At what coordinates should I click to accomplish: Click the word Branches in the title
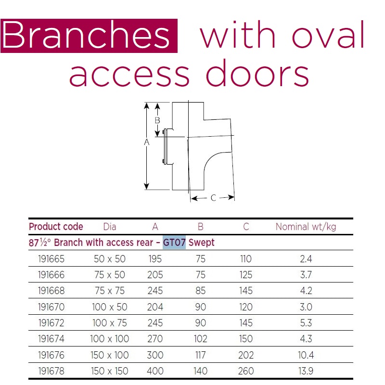[x=86, y=35]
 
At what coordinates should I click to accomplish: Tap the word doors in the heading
[x=257, y=73]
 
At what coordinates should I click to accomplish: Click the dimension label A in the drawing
[x=147, y=142]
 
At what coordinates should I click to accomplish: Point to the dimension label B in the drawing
[x=157, y=120]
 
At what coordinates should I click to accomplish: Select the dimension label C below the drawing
[x=213, y=198]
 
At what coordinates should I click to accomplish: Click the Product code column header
[x=56, y=227]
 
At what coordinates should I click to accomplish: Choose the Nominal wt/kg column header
[x=306, y=227]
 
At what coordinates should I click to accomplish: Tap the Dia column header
[x=110, y=227]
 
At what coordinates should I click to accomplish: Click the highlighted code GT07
[x=174, y=243]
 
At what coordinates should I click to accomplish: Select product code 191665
[x=51, y=259]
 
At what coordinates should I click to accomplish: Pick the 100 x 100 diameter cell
[x=110, y=339]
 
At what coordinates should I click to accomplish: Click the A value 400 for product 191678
[x=155, y=371]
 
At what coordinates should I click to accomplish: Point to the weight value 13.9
[x=306, y=371]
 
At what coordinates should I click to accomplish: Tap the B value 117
[x=200, y=355]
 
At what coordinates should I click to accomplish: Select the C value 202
[x=246, y=355]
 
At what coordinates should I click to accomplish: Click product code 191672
[x=51, y=323]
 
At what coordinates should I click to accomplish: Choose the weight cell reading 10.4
[x=306, y=355]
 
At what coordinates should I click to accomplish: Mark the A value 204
[x=155, y=307]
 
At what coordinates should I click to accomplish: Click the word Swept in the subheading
[x=201, y=243]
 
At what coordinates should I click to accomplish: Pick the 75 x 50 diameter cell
[x=110, y=275]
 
